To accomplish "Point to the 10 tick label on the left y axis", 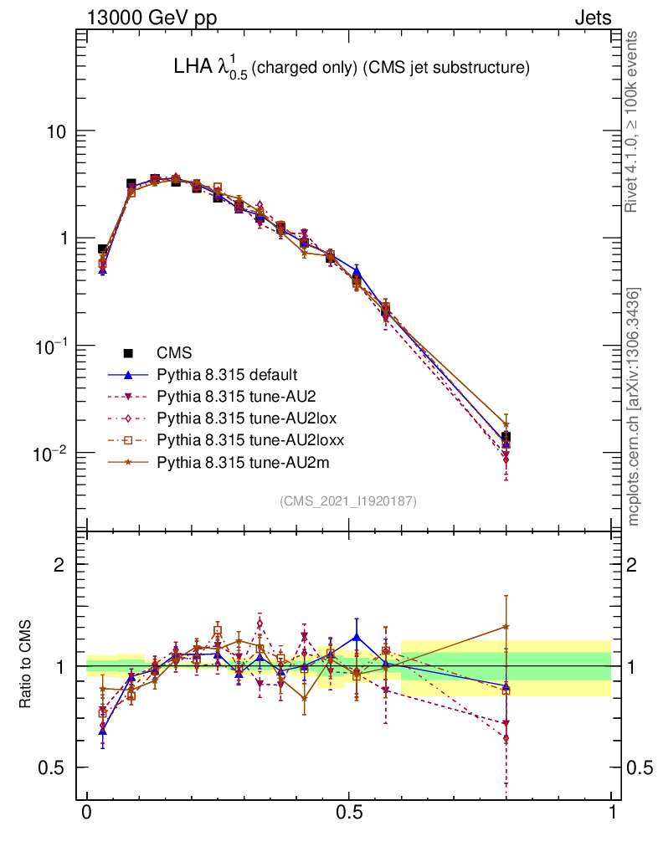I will (x=57, y=132).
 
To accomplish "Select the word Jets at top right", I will (x=593, y=17).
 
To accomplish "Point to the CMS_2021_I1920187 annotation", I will (x=348, y=500).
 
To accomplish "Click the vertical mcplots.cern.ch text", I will (x=634, y=407).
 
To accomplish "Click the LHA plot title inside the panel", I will (x=345, y=69).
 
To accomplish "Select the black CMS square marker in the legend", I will (x=130, y=353).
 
